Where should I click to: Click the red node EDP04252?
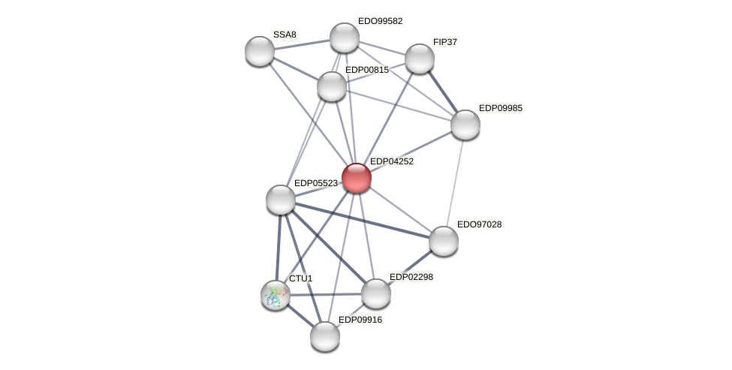point(356,178)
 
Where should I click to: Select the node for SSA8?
point(260,50)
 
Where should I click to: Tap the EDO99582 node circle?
point(345,38)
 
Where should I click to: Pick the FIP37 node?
point(419,59)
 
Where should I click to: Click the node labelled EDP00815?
point(331,86)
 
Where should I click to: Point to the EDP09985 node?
point(465,125)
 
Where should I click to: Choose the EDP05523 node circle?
point(281,200)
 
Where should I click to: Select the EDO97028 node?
point(443,241)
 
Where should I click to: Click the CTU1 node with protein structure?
point(276,294)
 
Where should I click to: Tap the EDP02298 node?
point(375,293)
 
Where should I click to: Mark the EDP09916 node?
point(325,336)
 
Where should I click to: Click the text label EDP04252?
point(391,161)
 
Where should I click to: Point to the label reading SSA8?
point(285,35)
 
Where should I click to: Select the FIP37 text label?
point(445,42)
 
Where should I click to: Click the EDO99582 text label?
point(380,21)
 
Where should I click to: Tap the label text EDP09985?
point(500,108)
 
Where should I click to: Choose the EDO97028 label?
point(479,224)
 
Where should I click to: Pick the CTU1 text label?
point(300,278)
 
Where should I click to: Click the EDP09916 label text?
point(360,320)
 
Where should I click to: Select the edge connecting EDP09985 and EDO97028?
point(454,182)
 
